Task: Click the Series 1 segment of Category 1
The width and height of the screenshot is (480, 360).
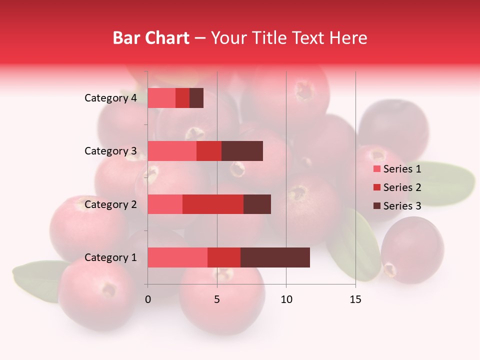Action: [177, 257]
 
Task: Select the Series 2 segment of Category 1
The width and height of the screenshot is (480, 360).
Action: [224, 257]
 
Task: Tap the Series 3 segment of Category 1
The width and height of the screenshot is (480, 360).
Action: [275, 257]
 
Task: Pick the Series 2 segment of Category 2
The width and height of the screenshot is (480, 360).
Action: [213, 204]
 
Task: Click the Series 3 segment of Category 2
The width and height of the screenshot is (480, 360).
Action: [257, 204]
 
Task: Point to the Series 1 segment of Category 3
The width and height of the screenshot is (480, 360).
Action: [172, 151]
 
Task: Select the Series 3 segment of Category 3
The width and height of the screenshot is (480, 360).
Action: [242, 151]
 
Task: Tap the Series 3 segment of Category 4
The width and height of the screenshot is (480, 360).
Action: [196, 98]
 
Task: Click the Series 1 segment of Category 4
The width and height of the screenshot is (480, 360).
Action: [161, 98]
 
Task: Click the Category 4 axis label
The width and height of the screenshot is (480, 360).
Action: [110, 98]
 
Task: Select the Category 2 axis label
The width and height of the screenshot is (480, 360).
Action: [110, 204]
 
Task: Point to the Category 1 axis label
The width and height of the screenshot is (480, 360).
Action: [110, 257]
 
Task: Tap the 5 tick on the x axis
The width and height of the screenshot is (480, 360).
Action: [217, 299]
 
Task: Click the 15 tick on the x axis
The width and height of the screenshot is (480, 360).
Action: [355, 299]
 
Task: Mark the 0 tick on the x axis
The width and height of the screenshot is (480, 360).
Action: [148, 299]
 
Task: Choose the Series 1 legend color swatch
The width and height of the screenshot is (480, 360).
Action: [376, 169]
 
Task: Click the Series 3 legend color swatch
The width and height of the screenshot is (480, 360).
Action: [376, 206]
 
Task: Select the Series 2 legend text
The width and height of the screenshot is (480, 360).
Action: [402, 187]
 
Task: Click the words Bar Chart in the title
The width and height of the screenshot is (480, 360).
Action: [151, 38]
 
